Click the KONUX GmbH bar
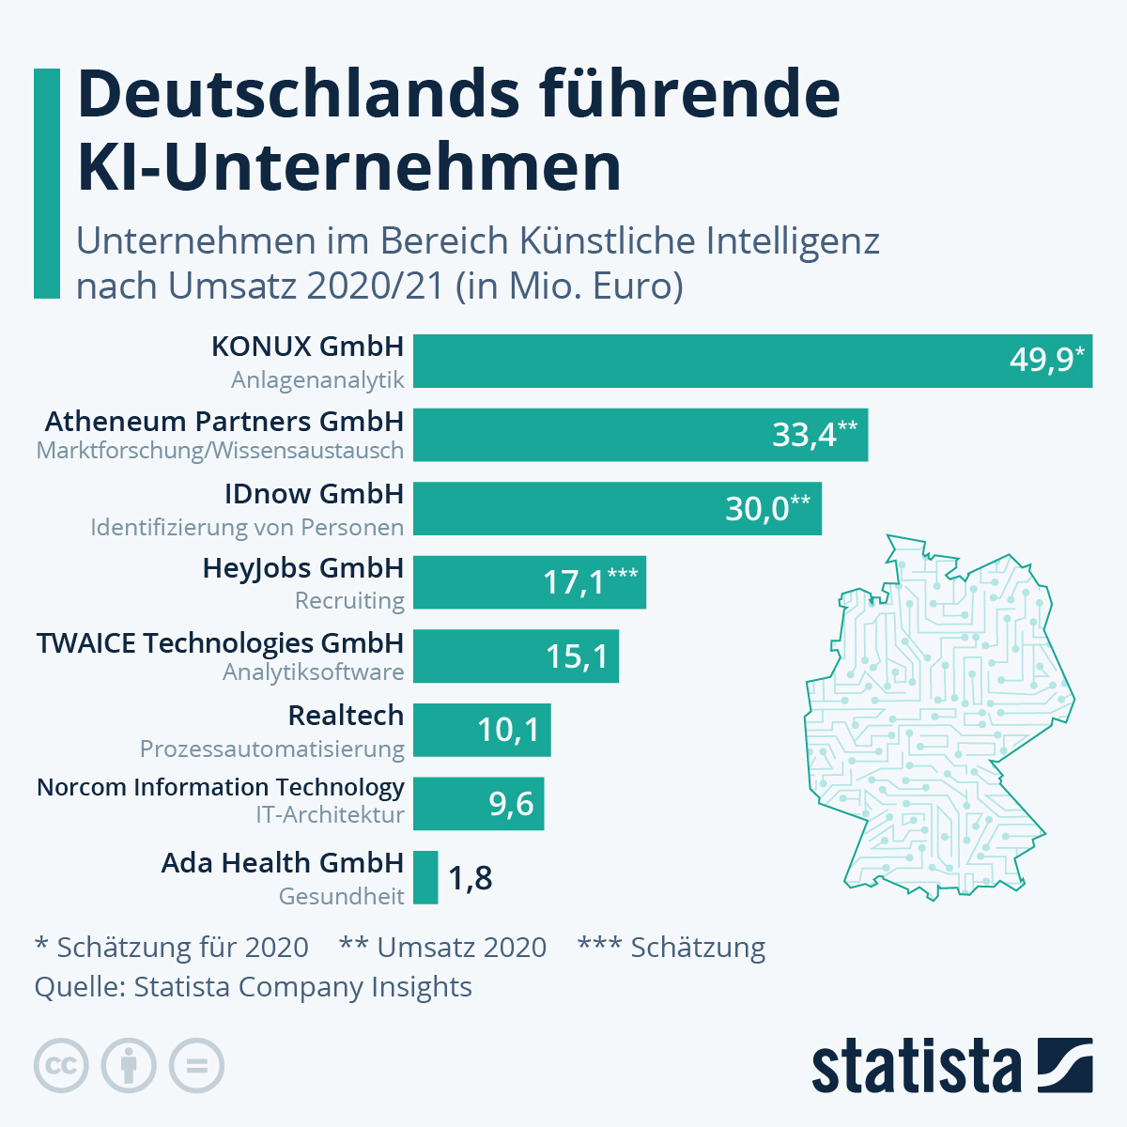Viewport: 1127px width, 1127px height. pos(751,361)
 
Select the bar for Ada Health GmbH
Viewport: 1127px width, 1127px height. pos(425,877)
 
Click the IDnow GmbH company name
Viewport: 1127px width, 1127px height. pos(314,494)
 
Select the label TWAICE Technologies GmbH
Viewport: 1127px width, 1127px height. pos(220,643)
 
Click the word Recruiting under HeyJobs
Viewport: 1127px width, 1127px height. pos(349,601)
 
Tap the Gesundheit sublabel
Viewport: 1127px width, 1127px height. pos(341,896)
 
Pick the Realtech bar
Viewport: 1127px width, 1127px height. pos(482,730)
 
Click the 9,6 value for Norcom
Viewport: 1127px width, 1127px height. pos(511,804)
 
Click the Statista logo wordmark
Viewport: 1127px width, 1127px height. pos(916,1067)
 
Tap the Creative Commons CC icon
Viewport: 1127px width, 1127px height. pos(61,1066)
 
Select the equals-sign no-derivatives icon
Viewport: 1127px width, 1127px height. pos(196,1066)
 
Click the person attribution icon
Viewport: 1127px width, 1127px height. pos(129,1066)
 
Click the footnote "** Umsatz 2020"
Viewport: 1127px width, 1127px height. pos(442,947)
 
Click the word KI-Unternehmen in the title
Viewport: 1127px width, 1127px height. pos(348,167)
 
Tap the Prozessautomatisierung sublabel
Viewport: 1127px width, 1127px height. pos(271,749)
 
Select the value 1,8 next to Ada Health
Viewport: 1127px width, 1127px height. pos(470,878)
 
